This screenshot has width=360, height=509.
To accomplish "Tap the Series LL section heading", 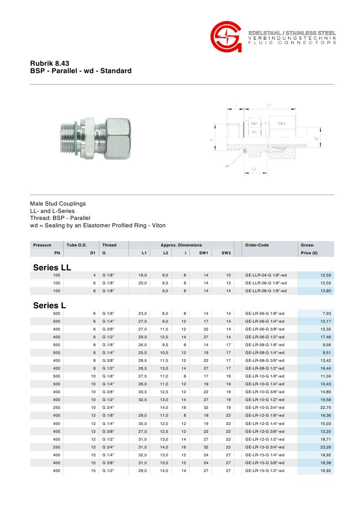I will click(52, 267).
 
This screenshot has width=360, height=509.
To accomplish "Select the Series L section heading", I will click(49, 306).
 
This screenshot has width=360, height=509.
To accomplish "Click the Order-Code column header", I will click(257, 245).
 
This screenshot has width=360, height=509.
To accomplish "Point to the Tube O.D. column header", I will click(77, 245).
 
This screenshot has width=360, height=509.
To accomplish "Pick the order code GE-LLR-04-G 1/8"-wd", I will click(266, 275).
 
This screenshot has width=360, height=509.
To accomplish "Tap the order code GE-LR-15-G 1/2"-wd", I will click(265, 471).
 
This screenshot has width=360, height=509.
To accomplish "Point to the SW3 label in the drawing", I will click(281, 124).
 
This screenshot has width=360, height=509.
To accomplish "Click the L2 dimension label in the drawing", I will click(254, 169).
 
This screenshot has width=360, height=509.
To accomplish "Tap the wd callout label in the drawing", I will click(227, 166).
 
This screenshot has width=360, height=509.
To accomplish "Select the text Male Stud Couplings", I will click(58, 204).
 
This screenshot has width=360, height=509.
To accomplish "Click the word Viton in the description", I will click(158, 226).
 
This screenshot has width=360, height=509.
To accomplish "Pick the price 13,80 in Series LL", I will click(326, 290).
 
